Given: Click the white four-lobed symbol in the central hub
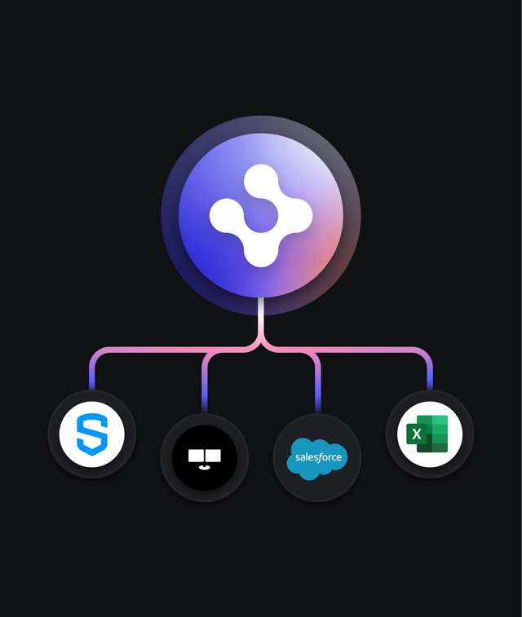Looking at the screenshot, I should click(261, 215).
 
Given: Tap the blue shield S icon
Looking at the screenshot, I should click(92, 434).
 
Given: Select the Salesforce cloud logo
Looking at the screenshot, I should click(317, 457).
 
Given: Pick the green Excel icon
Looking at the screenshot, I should click(430, 434).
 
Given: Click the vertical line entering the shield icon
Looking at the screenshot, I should click(92, 377).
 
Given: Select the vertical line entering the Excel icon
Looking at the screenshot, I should click(430, 377).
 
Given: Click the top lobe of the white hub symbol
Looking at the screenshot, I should click(261, 181).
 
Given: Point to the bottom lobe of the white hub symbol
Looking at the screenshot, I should click(261, 250).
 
